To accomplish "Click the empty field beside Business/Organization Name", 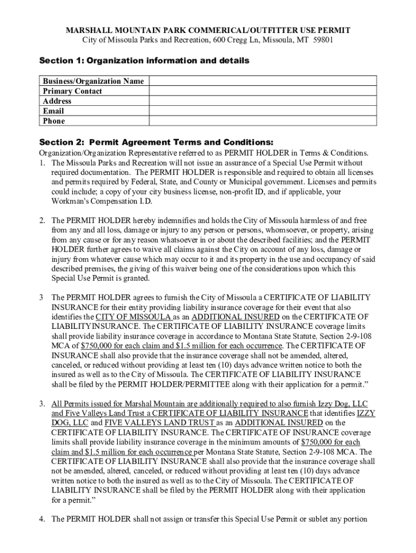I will click(x=263, y=81).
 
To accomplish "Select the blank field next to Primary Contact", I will click(x=263, y=91).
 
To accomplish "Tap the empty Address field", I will click(x=263, y=101).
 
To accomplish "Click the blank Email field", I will click(x=263, y=111).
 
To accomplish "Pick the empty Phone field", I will click(x=263, y=121).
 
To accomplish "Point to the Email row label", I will click(x=53, y=111).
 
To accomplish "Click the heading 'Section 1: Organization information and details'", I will click(x=144, y=60).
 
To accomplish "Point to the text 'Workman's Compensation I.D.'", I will click(x=102, y=201).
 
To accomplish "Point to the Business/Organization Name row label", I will click(x=93, y=81).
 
